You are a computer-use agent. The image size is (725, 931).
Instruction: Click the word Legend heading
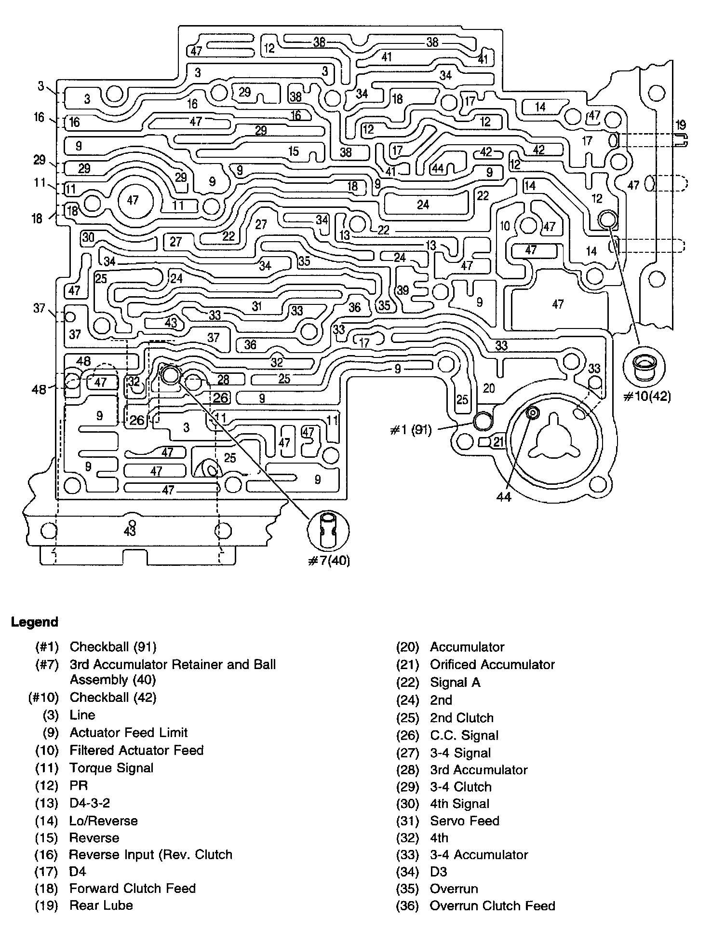[x=34, y=622]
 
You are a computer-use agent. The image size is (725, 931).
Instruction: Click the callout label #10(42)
[x=647, y=397]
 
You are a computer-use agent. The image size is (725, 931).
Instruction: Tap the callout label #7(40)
[x=328, y=561]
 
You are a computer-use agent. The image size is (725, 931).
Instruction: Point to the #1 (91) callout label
[x=410, y=429]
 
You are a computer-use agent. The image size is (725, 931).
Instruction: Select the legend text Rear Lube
[x=101, y=905]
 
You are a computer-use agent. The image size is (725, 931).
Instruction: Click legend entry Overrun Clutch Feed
[x=493, y=906]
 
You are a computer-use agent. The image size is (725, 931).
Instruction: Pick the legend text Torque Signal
[x=111, y=768]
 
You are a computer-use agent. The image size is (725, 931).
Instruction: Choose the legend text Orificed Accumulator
[x=492, y=665]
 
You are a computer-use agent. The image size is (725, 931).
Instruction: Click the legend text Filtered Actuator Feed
[x=136, y=751]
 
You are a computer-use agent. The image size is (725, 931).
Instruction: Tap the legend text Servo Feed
[x=465, y=821]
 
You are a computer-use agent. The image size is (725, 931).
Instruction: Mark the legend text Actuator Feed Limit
[x=128, y=733]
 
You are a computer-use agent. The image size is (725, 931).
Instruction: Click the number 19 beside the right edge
[x=680, y=125]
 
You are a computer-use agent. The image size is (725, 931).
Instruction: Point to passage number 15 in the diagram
[x=293, y=151]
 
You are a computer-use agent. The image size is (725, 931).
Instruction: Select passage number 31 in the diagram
[x=257, y=306]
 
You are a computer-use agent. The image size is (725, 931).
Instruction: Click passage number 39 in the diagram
[x=403, y=290]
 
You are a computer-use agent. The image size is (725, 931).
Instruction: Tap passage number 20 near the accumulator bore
[x=488, y=388]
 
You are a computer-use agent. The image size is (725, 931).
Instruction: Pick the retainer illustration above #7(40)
[x=328, y=530]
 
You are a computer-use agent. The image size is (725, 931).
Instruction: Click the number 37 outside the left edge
[x=39, y=308]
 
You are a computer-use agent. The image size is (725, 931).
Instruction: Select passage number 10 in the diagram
[x=505, y=225]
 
